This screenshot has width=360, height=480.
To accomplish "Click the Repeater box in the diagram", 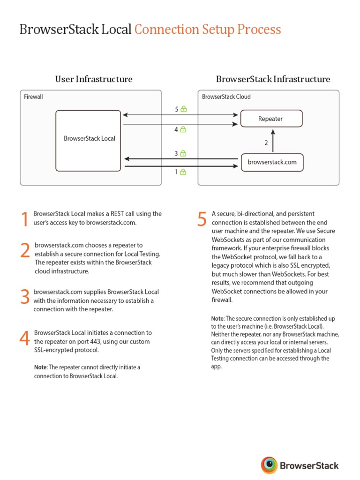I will click(271, 119).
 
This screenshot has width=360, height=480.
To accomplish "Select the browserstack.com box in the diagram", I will click(272, 162).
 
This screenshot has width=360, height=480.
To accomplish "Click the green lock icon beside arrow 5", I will click(184, 109).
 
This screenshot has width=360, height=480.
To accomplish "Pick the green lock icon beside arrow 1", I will click(183, 172).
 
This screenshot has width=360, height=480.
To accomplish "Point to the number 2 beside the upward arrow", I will click(266, 143).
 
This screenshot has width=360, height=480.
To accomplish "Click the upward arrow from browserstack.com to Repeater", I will click(273, 140).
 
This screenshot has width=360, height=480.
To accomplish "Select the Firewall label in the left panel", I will click(33, 97).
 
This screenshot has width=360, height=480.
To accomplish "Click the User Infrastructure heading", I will click(94, 79).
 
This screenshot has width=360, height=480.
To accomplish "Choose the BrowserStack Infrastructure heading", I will click(273, 79).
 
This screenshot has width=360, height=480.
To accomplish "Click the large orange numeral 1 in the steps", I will click(25, 220).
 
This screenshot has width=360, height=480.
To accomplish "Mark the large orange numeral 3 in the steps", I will click(25, 297).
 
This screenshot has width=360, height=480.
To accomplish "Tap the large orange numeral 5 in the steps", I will click(202, 219).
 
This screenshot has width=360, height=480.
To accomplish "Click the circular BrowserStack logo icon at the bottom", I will click(269, 465).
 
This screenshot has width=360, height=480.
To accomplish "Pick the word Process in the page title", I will click(259, 30).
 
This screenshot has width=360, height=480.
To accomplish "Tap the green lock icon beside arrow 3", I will click(183, 153).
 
